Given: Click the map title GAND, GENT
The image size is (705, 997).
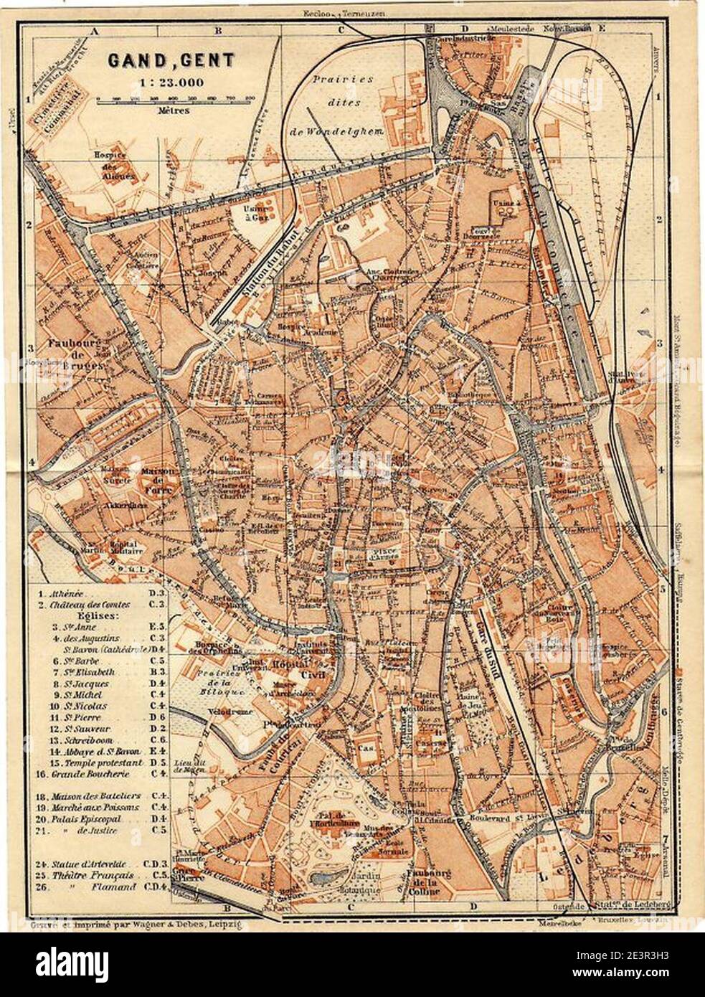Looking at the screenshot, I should tap(171, 60).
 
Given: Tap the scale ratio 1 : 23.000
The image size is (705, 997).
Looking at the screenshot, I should tap(171, 81).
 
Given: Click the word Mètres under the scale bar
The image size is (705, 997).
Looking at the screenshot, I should tap(171, 111).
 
